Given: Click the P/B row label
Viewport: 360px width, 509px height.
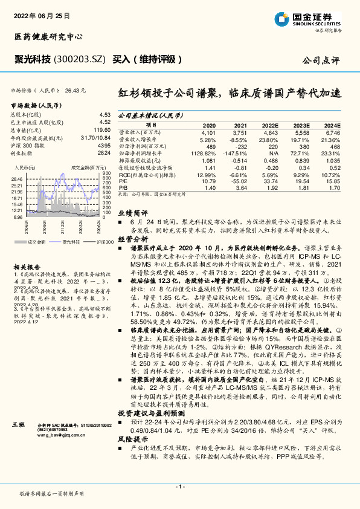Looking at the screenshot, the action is coord(122,188).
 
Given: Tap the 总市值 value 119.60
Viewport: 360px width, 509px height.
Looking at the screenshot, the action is coord(102,129).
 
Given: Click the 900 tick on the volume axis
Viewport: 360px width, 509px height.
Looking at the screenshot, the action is coord(107,174).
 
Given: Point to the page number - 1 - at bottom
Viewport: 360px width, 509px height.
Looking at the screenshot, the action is coord(179,487).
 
